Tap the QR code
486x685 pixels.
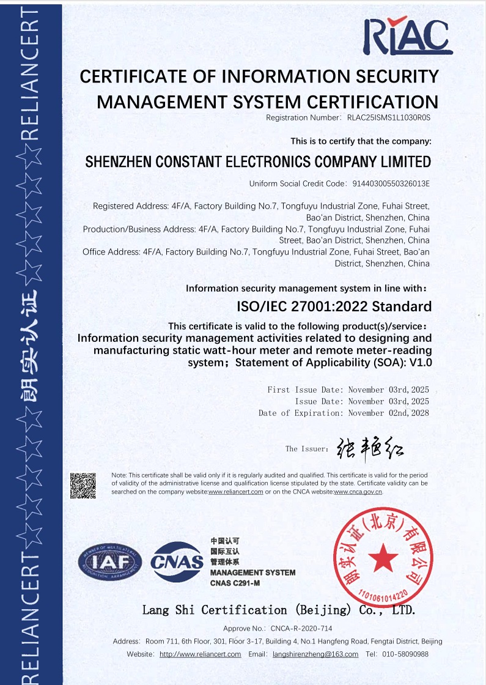point(83,486)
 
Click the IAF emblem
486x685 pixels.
point(110,561)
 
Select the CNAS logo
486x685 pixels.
point(177,561)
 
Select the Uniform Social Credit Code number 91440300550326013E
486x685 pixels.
point(391,183)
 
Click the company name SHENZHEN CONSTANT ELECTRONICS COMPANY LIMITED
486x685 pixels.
point(258,162)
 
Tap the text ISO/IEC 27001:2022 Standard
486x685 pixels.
point(334,306)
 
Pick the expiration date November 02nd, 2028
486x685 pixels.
point(389,413)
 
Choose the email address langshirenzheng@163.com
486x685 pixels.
point(315,654)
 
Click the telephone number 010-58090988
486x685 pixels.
point(405,654)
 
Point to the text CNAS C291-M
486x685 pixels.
point(235,583)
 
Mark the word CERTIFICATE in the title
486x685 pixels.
point(131,76)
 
